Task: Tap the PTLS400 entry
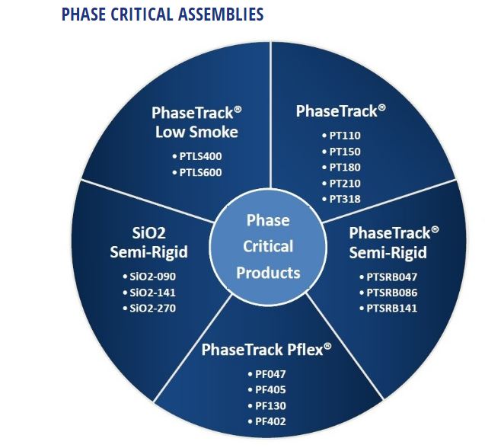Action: point(197,156)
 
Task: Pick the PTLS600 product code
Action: point(197,172)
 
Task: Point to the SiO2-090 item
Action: point(149,277)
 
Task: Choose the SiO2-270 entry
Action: point(149,309)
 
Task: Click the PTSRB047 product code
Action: point(388,277)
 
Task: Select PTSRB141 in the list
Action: point(388,309)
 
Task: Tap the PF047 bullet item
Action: point(267,374)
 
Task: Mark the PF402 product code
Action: point(267,421)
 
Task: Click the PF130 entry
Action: point(267,406)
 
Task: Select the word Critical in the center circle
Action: point(268,246)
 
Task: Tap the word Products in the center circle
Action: point(268,273)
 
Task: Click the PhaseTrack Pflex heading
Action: point(266,350)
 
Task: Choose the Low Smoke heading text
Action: point(196,132)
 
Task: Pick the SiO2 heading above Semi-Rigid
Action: point(148,233)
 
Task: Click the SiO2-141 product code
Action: point(149,293)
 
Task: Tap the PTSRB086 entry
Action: point(388,293)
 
